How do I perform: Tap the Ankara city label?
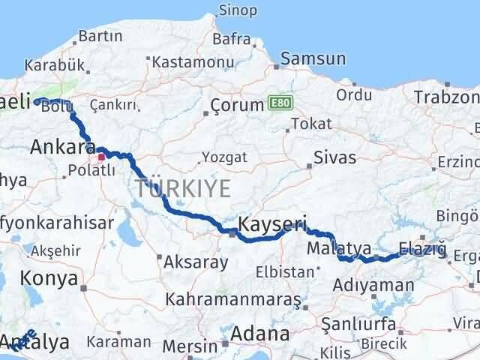61,148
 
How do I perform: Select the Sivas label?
334,157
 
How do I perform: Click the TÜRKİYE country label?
182,188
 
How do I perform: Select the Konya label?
50,278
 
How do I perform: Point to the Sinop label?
236,10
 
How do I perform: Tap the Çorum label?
237,105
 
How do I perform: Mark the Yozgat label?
221,158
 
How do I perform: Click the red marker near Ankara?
101,157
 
